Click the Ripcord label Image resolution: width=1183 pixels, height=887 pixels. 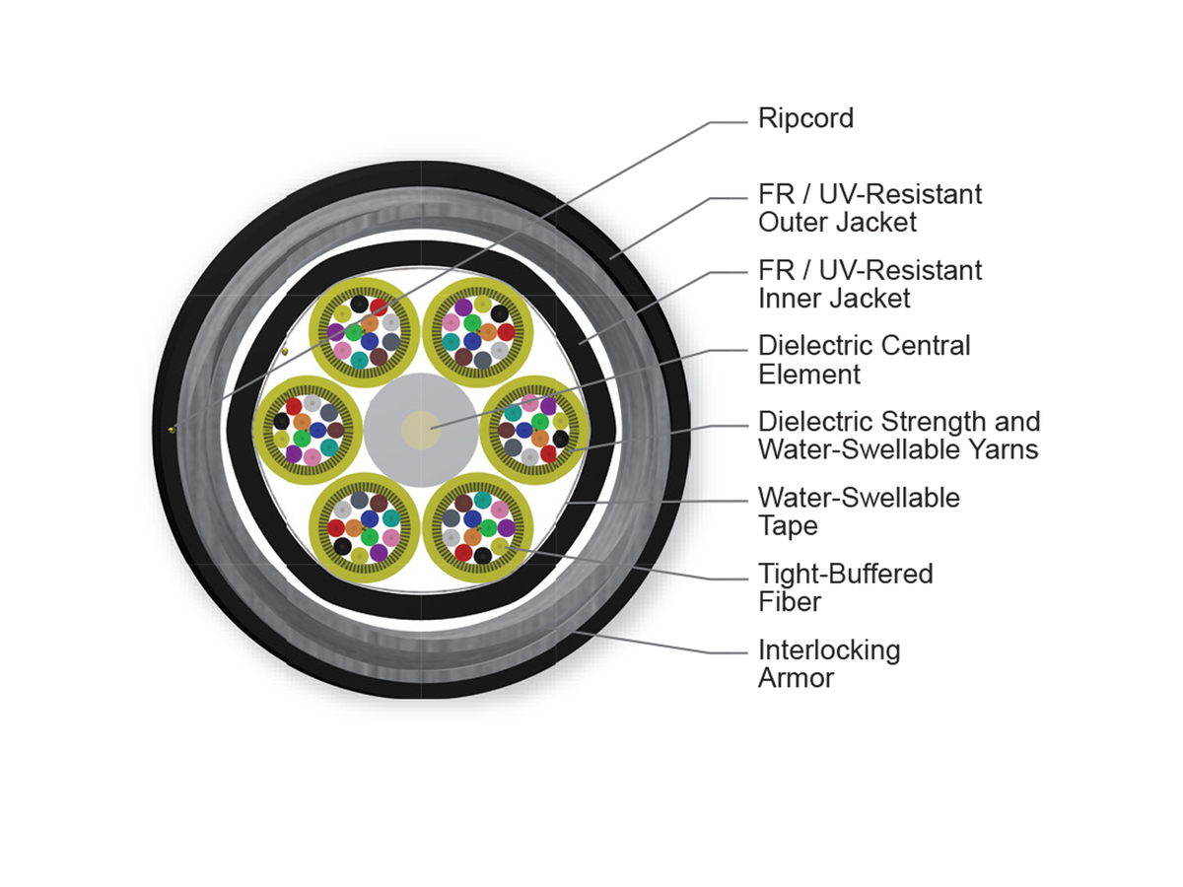click(x=805, y=119)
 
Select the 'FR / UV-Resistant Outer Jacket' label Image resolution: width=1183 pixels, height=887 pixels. click(x=870, y=208)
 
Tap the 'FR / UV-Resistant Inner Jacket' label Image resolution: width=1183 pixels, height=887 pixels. click(x=870, y=284)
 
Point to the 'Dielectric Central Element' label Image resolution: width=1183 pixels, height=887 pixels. click(x=864, y=360)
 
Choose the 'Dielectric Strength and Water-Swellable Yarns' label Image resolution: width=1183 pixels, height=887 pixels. click(x=899, y=436)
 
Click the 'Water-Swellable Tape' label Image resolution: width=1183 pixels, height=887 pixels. click(x=859, y=512)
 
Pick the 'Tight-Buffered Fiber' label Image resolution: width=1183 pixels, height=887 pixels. click(x=845, y=587)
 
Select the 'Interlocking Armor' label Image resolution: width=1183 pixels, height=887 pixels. click(x=829, y=663)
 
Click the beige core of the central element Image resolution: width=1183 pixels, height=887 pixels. click(x=421, y=431)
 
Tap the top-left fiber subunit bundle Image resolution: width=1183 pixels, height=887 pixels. click(x=365, y=332)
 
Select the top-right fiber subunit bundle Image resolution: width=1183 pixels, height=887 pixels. click(x=478, y=332)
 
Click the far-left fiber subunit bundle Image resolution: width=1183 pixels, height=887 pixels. click(x=308, y=431)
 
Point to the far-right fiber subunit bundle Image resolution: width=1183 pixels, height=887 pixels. click(x=534, y=431)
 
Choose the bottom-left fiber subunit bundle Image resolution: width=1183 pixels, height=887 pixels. click(x=365, y=528)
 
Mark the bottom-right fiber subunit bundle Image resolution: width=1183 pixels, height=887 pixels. click(x=478, y=528)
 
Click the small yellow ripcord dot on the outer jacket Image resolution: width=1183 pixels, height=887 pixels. click(x=172, y=430)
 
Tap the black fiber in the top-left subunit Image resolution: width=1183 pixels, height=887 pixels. click(x=359, y=305)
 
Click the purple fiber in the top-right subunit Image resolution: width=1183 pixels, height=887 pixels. click(x=463, y=307)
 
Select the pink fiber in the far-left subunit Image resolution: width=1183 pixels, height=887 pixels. click(x=313, y=457)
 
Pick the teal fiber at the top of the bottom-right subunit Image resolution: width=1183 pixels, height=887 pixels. click(x=482, y=500)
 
